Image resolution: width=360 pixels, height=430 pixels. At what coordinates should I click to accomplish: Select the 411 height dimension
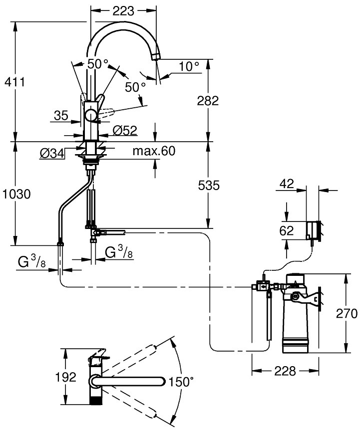(x=15, y=81)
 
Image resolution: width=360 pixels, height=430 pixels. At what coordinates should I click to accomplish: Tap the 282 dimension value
(x=208, y=101)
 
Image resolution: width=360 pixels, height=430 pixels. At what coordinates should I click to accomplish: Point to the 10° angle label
(x=189, y=66)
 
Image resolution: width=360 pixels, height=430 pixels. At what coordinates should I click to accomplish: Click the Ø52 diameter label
(x=125, y=130)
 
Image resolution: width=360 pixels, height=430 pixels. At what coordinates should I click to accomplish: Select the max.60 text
(x=154, y=151)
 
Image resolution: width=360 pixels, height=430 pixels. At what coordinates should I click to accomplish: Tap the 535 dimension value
(x=208, y=186)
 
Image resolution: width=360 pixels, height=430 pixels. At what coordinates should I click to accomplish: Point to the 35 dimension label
(x=61, y=116)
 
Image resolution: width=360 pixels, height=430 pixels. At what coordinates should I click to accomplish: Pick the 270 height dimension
(x=347, y=314)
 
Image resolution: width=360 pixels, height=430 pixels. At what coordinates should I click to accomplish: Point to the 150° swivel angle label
(x=181, y=382)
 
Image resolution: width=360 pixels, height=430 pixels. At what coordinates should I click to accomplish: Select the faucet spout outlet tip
(x=155, y=57)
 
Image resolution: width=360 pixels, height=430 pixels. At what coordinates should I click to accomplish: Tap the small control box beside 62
(x=314, y=230)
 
